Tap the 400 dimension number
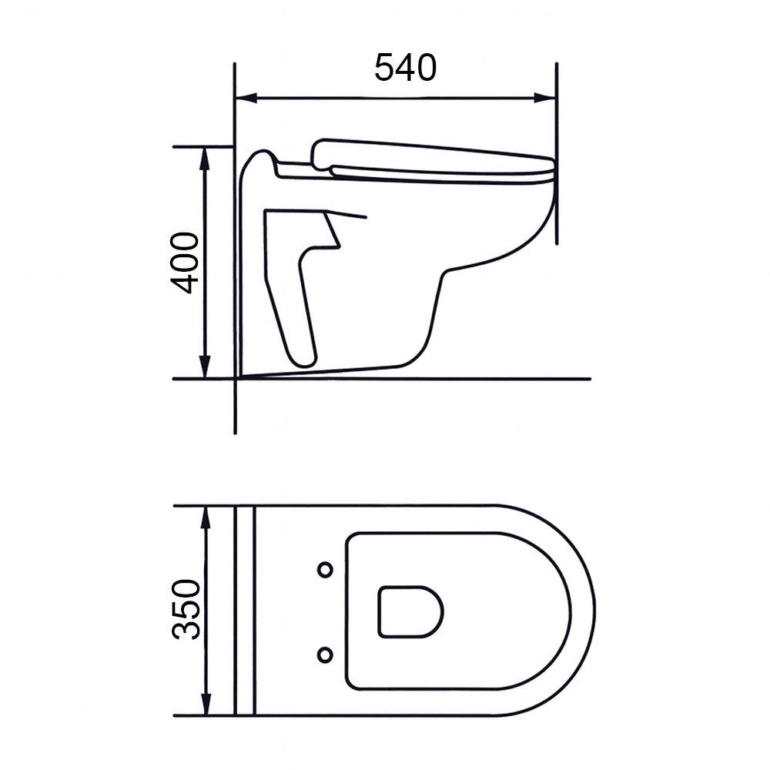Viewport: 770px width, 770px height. (x=185, y=263)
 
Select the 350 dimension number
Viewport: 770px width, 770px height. (x=186, y=609)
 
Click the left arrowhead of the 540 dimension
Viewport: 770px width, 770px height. (x=246, y=99)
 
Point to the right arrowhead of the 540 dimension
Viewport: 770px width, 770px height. (x=544, y=99)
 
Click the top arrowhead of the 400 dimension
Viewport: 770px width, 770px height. (x=206, y=158)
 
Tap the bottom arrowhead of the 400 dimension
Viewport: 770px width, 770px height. (x=206, y=367)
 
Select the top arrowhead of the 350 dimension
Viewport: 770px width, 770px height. (x=206, y=517)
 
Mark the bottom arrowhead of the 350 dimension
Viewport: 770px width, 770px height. (x=206, y=705)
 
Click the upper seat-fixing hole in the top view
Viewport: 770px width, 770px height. (x=325, y=570)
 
